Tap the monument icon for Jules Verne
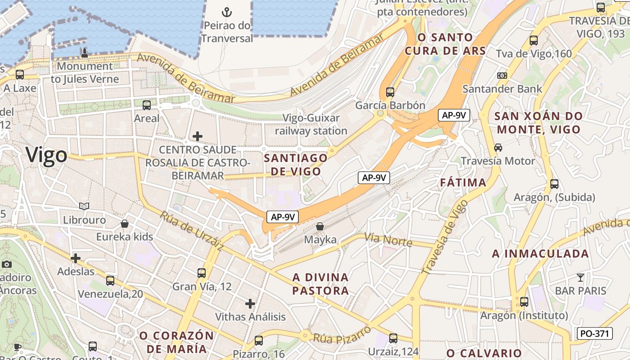pos(84,53)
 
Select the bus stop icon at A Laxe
pos(19,75)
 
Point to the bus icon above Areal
pos(147,105)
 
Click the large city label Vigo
pos(46,155)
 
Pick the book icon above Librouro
pos(84,206)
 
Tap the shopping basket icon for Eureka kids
pos(125,224)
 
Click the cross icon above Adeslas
pos(76,258)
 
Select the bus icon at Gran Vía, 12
pos(202,273)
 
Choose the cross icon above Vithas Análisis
pos(250,303)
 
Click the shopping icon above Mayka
pos(320,226)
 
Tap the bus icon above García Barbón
pos(390,92)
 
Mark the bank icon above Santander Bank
pos(502,76)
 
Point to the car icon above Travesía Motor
pos(498,148)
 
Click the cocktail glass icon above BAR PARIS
pos(580,277)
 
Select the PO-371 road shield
pos(594,333)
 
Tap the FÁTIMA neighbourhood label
pos(463,183)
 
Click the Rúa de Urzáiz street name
pos(192,231)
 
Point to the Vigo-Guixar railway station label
pos(315,124)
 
